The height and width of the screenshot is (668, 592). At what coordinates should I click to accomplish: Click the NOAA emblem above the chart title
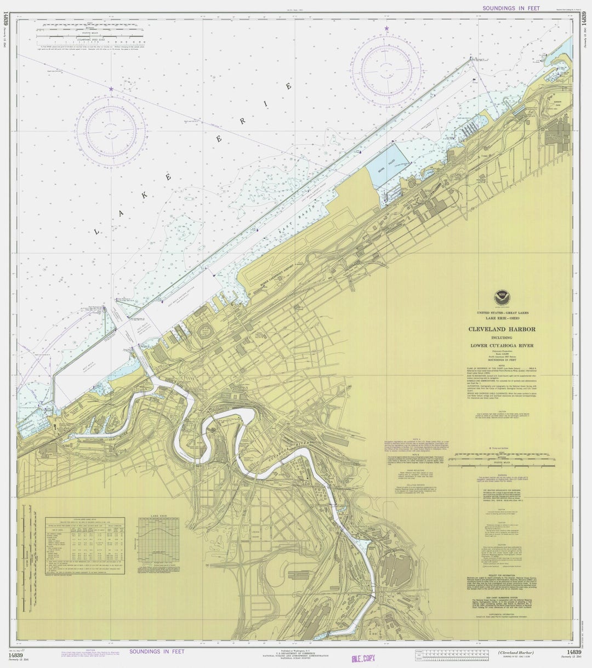[501, 298]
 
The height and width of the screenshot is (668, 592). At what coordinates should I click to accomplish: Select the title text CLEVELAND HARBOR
[501, 329]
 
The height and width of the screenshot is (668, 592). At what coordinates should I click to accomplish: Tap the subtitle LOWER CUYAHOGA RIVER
[501, 346]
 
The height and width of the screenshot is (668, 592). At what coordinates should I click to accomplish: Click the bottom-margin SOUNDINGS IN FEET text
[157, 652]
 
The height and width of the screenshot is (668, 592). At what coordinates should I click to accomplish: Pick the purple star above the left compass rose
[111, 88]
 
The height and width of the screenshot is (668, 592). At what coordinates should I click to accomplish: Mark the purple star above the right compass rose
[386, 28]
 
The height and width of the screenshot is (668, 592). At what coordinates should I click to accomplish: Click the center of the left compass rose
[111, 130]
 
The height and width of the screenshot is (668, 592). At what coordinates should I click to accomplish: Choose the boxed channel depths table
[84, 545]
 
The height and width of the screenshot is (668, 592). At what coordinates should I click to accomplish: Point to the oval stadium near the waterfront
[206, 331]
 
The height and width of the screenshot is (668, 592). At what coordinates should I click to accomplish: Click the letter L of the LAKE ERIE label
[97, 232]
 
